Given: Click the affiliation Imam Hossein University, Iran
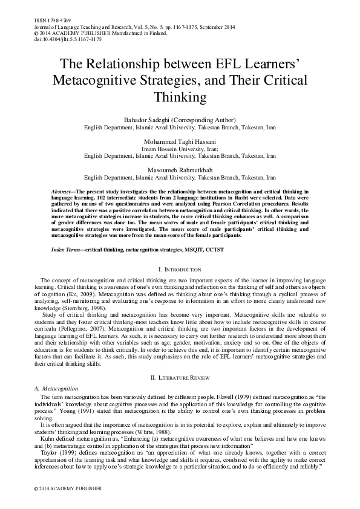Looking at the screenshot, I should coord(179,147).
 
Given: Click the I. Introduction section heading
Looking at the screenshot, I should coord(179,269).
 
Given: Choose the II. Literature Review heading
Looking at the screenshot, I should coord(179,377).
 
